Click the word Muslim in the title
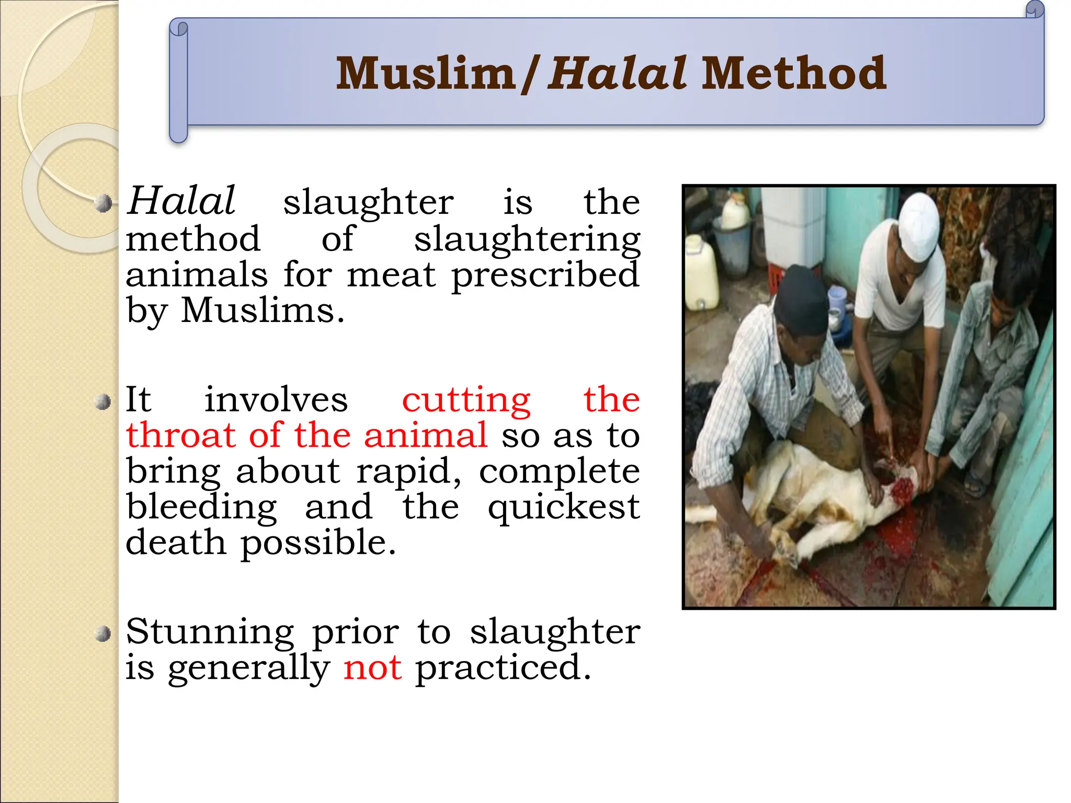tap(426, 74)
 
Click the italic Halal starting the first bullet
tap(181, 201)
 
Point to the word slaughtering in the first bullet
tap(527, 240)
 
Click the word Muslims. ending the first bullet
tap(263, 311)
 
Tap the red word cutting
tap(466, 400)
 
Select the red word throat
tap(181, 436)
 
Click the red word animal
tap(426, 436)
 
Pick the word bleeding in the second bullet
tap(202, 508)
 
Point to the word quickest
tap(564, 508)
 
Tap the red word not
tap(372, 668)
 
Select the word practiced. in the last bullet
tap(503, 668)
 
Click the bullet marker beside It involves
tap(104, 403)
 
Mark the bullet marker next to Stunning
tap(104, 634)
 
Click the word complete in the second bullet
tap(559, 472)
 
